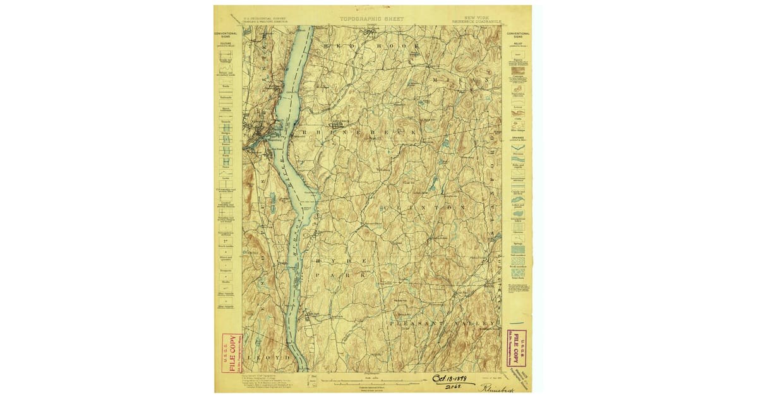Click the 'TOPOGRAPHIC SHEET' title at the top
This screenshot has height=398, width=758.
pyautogui.click(x=371, y=19)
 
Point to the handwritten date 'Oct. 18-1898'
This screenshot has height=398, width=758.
pyautogui.click(x=454, y=378)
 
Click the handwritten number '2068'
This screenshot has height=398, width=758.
pyautogui.click(x=452, y=387)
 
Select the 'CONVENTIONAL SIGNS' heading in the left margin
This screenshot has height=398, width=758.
pyautogui.click(x=226, y=35)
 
